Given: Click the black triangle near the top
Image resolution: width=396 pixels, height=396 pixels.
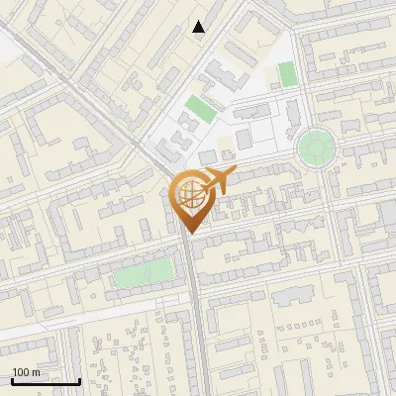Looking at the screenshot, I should click(199, 27).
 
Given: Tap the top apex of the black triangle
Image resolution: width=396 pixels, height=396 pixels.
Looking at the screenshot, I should click(199, 21).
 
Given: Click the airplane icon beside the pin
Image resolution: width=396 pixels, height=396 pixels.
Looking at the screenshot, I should click(218, 181).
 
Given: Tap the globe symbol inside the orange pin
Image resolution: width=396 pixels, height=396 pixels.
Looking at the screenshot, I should click(188, 193).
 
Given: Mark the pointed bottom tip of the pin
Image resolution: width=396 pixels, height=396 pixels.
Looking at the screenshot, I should click(189, 233).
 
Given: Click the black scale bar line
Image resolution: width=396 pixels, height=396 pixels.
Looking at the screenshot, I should click(46, 381).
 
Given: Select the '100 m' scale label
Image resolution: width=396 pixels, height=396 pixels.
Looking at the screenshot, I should click(26, 372).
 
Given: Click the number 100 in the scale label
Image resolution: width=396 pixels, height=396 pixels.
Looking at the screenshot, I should click(21, 372).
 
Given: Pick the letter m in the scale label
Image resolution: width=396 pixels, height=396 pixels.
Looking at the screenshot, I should click(36, 372).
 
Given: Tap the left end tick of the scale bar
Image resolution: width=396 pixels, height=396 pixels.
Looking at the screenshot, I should click(12, 379).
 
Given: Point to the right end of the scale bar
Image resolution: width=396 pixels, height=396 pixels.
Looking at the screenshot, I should click(79, 379).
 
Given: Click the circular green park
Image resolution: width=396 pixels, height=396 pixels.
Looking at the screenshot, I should click(316, 148).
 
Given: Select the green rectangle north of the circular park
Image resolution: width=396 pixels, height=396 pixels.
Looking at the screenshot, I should click(287, 73).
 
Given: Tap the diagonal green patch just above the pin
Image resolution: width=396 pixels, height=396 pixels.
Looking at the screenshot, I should click(200, 110).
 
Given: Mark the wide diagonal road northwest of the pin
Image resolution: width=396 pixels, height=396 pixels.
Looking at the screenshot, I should click(99, 109).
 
